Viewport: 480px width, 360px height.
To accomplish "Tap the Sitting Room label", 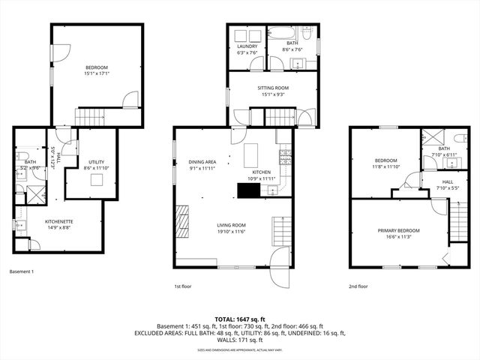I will pos(274,88).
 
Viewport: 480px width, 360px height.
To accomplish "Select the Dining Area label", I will pos(202,162).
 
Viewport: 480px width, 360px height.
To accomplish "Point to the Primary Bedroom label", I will pos(398,230).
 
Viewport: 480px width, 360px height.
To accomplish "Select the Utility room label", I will pos(96,162).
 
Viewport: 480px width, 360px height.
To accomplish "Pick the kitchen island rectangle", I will pos(251,155).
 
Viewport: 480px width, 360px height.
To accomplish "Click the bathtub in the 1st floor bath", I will pos(286,34).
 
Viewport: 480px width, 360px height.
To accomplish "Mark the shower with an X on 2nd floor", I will pos(431,137).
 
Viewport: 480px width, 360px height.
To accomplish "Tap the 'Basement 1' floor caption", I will pos(22,271).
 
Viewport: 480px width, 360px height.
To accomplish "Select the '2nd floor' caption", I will pos(358,286).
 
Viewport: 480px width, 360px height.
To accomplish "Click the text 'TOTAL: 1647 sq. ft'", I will pos(239,319).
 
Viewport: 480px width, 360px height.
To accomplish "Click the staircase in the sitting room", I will pos(280,118).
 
